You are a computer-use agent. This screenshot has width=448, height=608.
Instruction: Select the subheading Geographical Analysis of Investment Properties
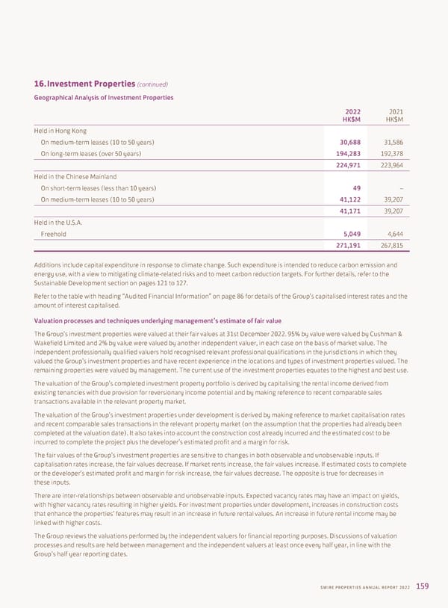point(104,97)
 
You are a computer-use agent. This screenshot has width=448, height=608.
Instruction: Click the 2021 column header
point(392,113)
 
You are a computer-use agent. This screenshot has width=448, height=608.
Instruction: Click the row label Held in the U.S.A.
point(56,222)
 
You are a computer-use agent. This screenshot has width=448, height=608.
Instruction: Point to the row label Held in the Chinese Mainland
point(75,176)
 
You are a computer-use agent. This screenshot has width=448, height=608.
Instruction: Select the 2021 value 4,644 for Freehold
point(393,233)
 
